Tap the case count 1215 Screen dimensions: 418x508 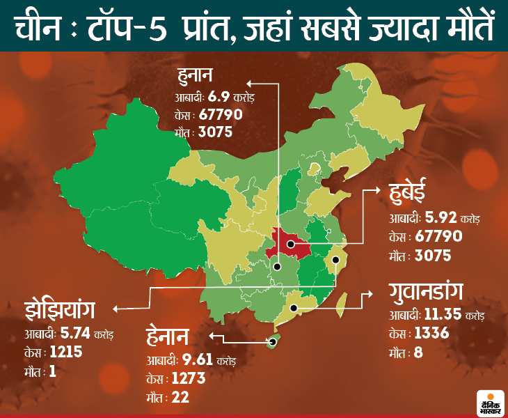(65, 353)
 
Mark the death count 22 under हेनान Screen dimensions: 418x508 (182, 398)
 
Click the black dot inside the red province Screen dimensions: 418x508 (289, 245)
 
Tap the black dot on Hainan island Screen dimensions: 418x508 (271, 341)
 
